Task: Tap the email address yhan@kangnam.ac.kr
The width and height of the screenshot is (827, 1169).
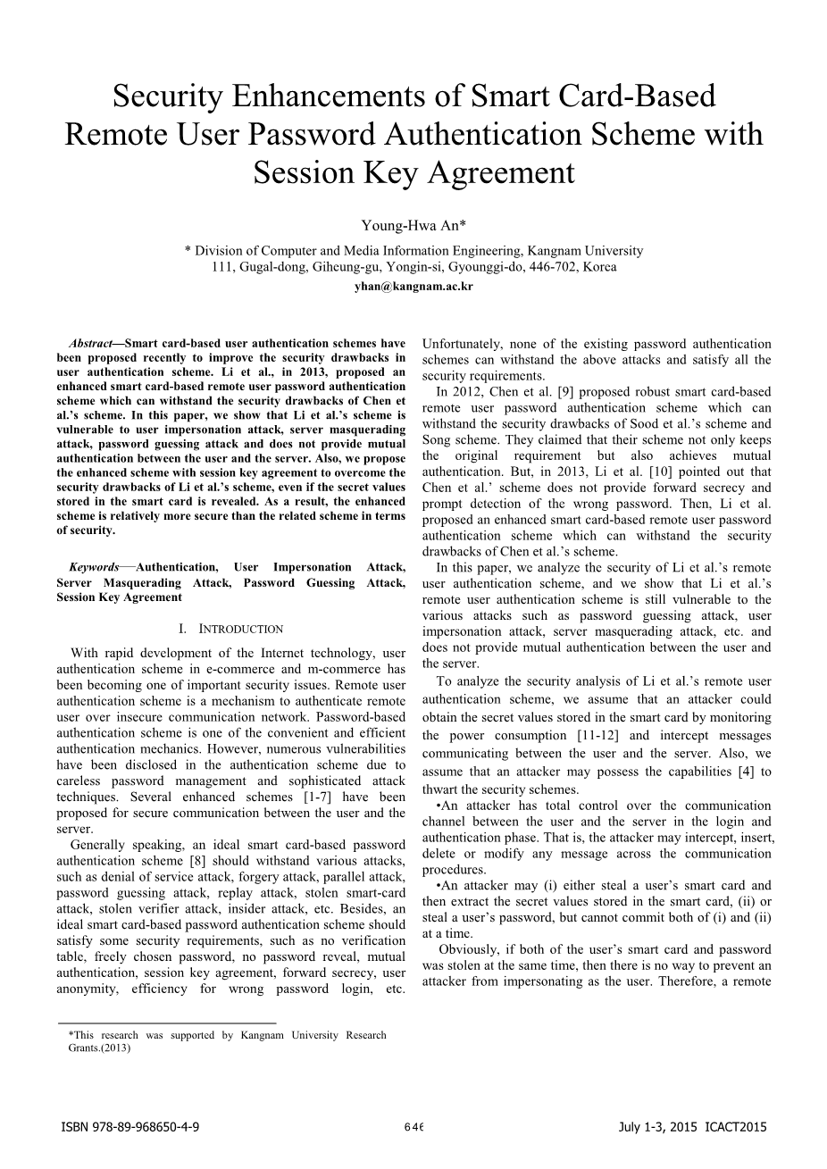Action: pyautogui.click(x=413, y=287)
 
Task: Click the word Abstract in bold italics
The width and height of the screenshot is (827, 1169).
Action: pyautogui.click(x=90, y=343)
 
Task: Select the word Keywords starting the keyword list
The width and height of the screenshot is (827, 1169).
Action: pyautogui.click(x=94, y=567)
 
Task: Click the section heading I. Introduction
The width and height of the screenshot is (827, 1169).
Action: pyautogui.click(x=230, y=629)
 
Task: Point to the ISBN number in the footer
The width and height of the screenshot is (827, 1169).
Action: pyautogui.click(x=129, y=1127)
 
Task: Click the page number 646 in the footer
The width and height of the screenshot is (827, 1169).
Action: pyautogui.click(x=413, y=1127)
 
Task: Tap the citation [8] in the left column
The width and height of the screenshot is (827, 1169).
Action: pyautogui.click(x=199, y=861)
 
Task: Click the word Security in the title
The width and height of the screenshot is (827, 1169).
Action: pyautogui.click(x=171, y=96)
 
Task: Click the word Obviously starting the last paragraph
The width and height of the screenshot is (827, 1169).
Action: pyautogui.click(x=471, y=949)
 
